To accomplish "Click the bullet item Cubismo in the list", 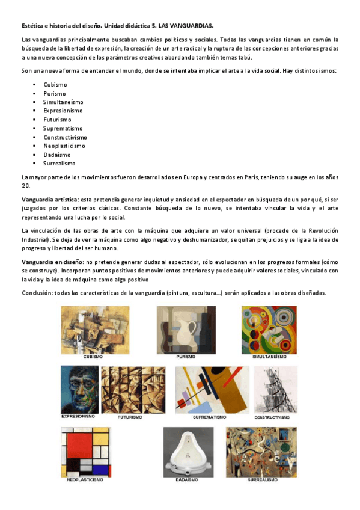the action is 55,85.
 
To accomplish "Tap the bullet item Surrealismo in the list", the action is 59,163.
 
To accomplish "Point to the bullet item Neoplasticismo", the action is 64,146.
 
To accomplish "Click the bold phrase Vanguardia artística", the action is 49,199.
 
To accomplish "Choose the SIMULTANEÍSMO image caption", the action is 269,357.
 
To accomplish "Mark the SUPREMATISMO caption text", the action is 210,416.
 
